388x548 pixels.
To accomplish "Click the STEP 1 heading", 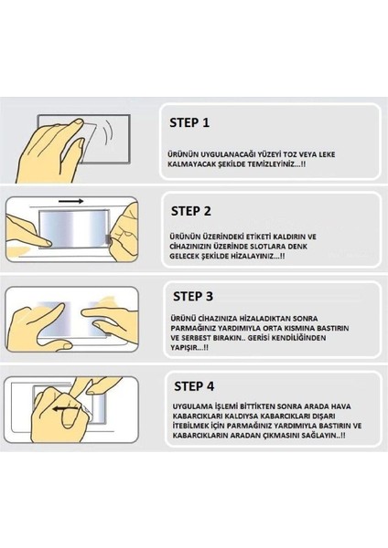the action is tap(189, 122).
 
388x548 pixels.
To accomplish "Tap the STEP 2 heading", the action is tap(191, 211).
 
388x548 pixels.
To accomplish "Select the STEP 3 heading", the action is tap(193, 296).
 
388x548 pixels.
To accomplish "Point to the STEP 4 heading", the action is tap(194, 386).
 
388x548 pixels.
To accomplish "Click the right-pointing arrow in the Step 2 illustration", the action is tap(71, 201).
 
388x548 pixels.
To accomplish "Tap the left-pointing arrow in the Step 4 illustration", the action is tap(66, 408).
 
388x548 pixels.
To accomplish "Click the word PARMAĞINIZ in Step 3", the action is tap(192, 329).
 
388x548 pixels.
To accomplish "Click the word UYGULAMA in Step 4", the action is tap(190, 406).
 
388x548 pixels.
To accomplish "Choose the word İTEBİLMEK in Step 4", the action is tap(190, 426).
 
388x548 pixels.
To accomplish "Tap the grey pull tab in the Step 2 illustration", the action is tap(108, 239).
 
